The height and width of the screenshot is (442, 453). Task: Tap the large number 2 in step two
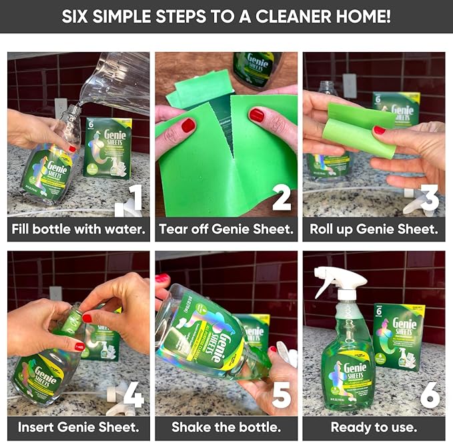[281, 199]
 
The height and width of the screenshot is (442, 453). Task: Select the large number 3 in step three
[429, 199]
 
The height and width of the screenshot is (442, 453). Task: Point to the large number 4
[133, 394]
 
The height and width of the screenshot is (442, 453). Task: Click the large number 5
[281, 394]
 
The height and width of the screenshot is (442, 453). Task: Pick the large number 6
[429, 394]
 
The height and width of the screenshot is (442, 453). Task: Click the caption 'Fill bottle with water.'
[78, 229]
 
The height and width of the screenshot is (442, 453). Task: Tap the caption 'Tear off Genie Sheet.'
[225, 229]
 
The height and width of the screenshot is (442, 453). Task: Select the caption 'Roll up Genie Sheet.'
[374, 229]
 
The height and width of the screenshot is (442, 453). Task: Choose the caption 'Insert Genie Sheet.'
[78, 426]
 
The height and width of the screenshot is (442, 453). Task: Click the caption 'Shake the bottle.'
[225, 426]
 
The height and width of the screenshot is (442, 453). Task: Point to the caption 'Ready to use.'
[374, 426]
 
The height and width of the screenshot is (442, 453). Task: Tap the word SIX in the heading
[79, 16]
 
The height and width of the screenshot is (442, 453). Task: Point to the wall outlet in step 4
[56, 294]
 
